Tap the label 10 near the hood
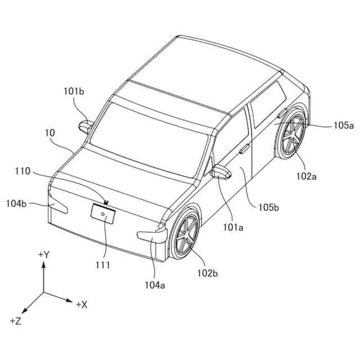point(50,133)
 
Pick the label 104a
point(154,285)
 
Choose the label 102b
point(208,273)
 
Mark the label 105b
point(269,208)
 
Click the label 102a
point(307,176)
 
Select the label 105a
point(343,125)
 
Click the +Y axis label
point(44,255)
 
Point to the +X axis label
point(82,304)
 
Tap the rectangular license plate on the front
point(103,215)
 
